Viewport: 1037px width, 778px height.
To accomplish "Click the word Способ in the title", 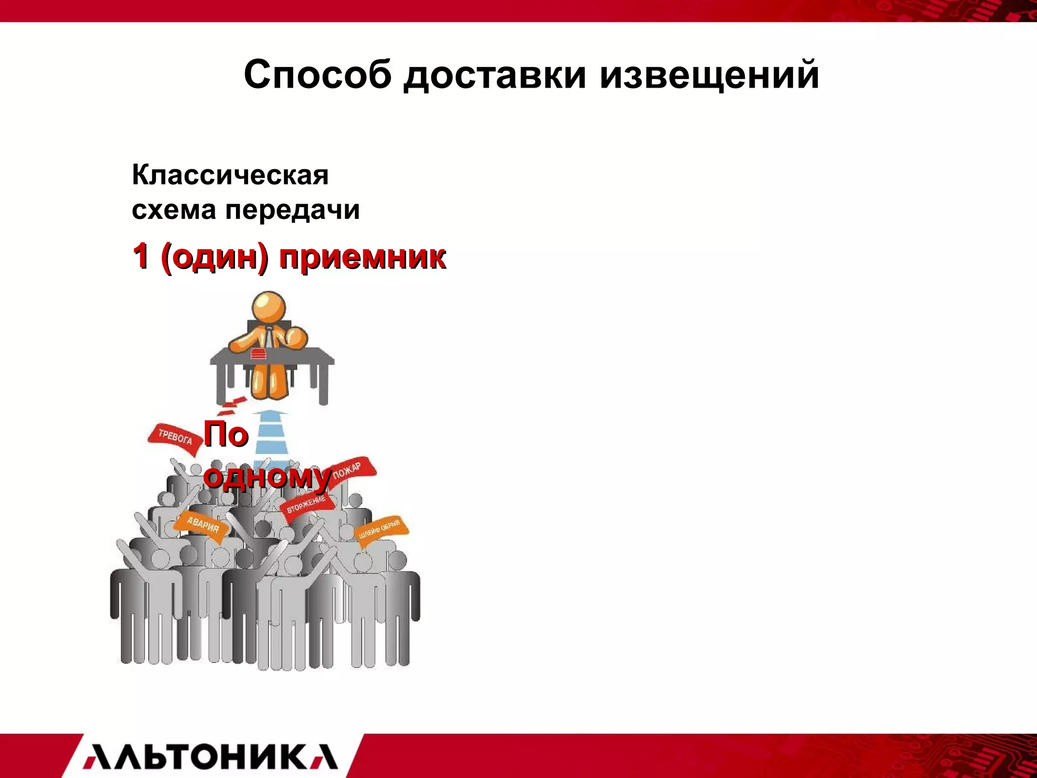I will tap(317, 75).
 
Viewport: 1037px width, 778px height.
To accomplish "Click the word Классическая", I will tap(230, 175).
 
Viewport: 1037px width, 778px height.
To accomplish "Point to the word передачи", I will tap(292, 210).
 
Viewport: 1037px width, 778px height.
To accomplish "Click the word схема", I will tap(174, 210).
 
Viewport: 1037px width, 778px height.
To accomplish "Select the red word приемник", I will tap(363, 257).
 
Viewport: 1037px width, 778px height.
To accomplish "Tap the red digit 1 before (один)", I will tap(141, 256).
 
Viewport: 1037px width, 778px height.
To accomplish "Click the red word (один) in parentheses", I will tap(215, 257).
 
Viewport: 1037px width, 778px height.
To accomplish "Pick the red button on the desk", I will tap(259, 354).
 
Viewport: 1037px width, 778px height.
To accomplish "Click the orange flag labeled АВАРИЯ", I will tap(202, 526).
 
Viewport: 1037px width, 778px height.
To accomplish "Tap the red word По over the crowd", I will tap(226, 435).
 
